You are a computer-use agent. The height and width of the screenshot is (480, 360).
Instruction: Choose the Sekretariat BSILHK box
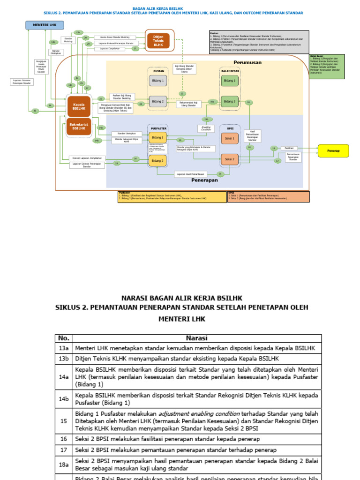coord(78,127)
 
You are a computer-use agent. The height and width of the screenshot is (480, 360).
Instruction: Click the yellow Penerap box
coord(334,151)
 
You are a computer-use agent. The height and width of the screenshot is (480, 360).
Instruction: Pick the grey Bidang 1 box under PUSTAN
coord(157,81)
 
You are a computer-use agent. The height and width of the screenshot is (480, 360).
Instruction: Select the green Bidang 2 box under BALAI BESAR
coord(230,101)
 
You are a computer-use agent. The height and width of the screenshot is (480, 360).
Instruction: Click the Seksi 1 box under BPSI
coord(230,138)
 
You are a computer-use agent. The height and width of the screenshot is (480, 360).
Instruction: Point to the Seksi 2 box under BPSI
coord(230,160)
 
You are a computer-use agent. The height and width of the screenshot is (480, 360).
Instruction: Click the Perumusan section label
coord(247,62)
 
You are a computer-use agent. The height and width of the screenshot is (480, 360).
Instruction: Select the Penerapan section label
coord(204,180)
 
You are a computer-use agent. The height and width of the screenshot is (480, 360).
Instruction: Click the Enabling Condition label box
coord(206,128)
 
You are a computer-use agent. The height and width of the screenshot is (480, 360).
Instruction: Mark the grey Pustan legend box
coord(259,43)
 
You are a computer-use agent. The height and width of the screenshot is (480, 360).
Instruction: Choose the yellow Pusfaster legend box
coord(172,196)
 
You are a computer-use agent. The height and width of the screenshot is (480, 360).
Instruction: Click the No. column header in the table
coord(63,338)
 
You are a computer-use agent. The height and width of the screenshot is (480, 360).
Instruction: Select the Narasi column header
coord(196,338)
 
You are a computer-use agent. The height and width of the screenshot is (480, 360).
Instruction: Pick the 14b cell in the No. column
coord(63,399)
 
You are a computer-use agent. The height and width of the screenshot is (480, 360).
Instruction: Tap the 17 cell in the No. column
coord(63,450)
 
